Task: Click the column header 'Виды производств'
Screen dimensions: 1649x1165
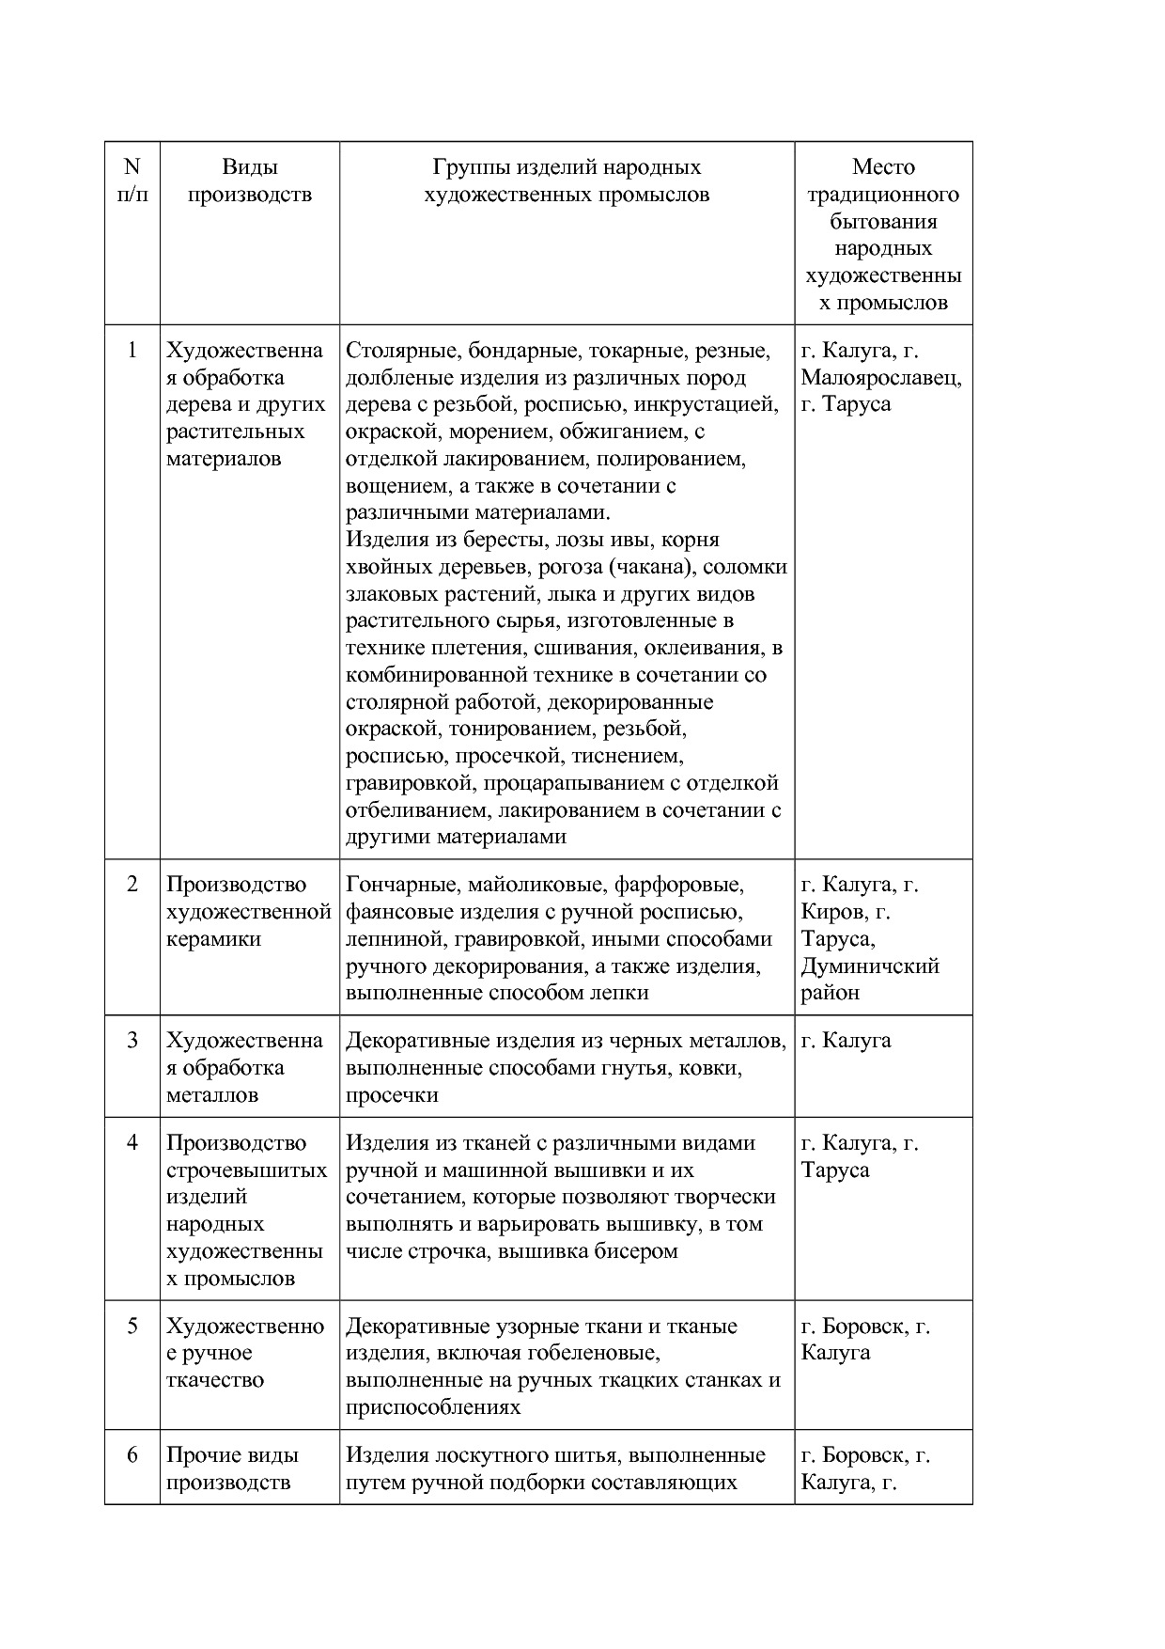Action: pyautogui.click(x=249, y=181)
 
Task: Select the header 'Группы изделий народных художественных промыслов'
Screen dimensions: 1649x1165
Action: pyautogui.click(x=567, y=181)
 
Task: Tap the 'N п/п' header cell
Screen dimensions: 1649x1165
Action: pyautogui.click(x=132, y=181)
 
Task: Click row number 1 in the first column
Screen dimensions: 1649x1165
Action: pyautogui.click(x=132, y=351)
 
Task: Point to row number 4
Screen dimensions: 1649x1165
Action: pyautogui.click(x=132, y=1143)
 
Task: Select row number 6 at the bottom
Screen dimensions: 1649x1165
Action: pyautogui.click(x=132, y=1455)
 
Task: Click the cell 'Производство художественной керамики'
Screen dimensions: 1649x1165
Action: pyautogui.click(x=248, y=911)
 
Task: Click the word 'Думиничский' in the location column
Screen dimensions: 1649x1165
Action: pyautogui.click(x=870, y=966)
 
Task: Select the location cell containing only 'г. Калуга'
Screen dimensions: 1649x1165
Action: pyautogui.click(x=846, y=1041)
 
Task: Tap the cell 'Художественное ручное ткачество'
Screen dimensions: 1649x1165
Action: pyautogui.click(x=245, y=1353)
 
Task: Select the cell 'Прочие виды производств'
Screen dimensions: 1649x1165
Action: pyautogui.click(x=232, y=1468)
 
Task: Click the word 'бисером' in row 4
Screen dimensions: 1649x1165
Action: pyautogui.click(x=641, y=1251)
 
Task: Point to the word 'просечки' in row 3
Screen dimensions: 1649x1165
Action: pyautogui.click(x=392, y=1095)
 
